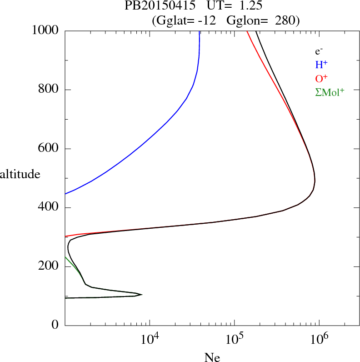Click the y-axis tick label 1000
pyautogui.click(x=46, y=30)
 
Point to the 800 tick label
pyautogui.click(x=49, y=90)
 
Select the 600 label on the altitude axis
pyautogui.click(x=49, y=149)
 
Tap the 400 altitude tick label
pyautogui.click(x=49, y=208)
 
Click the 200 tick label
pyautogui.click(x=49, y=266)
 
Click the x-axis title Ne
pyautogui.click(x=212, y=357)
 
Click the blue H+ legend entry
pyautogui.click(x=322, y=65)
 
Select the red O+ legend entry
pyautogui.click(x=322, y=79)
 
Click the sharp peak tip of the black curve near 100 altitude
pyautogui.click(x=142, y=295)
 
